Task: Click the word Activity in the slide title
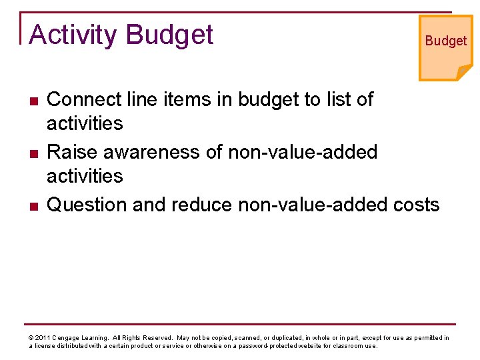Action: point(73,35)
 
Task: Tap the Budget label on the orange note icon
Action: point(445,41)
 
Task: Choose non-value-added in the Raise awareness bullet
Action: point(303,152)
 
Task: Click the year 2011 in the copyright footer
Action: point(42,338)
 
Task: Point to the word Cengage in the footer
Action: point(67,338)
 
